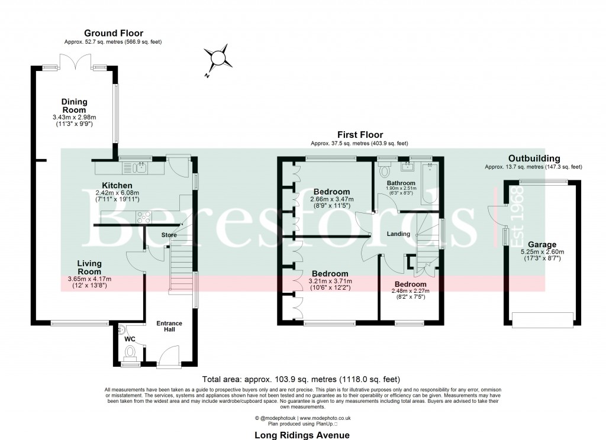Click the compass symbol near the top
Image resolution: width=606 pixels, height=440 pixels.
(x=217, y=57)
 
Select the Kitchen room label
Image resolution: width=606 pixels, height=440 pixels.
(x=117, y=185)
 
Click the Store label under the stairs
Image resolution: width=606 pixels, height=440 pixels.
(x=169, y=235)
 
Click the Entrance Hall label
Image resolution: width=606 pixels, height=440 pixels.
(x=169, y=327)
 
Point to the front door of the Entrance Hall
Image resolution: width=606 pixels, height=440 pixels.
(x=168, y=357)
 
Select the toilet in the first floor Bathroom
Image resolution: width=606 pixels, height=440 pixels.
(x=383, y=172)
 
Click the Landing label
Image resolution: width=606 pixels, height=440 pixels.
(x=398, y=234)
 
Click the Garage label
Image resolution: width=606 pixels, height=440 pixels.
(x=542, y=244)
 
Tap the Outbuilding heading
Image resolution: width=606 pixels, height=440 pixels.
(x=534, y=158)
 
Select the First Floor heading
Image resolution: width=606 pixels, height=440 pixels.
(x=360, y=135)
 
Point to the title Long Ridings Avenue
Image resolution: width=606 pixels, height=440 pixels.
(x=302, y=435)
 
